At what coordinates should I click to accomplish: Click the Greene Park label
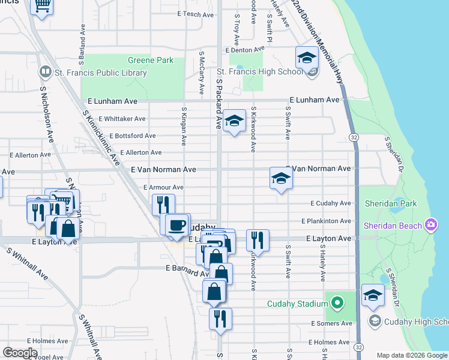(151, 61)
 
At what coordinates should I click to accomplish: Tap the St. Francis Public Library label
(100, 73)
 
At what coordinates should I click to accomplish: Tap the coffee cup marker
(176, 225)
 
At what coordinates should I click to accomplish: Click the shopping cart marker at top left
(42, 5)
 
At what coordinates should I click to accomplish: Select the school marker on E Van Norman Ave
(280, 178)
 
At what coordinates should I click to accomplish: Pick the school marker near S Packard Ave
(234, 121)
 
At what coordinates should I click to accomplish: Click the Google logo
(20, 353)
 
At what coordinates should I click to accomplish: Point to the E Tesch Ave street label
(196, 14)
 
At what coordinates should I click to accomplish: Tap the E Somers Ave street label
(331, 323)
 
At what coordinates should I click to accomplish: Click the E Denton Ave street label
(244, 50)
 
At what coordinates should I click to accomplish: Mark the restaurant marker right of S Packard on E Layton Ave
(257, 240)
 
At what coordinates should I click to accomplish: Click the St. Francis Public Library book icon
(45, 72)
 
